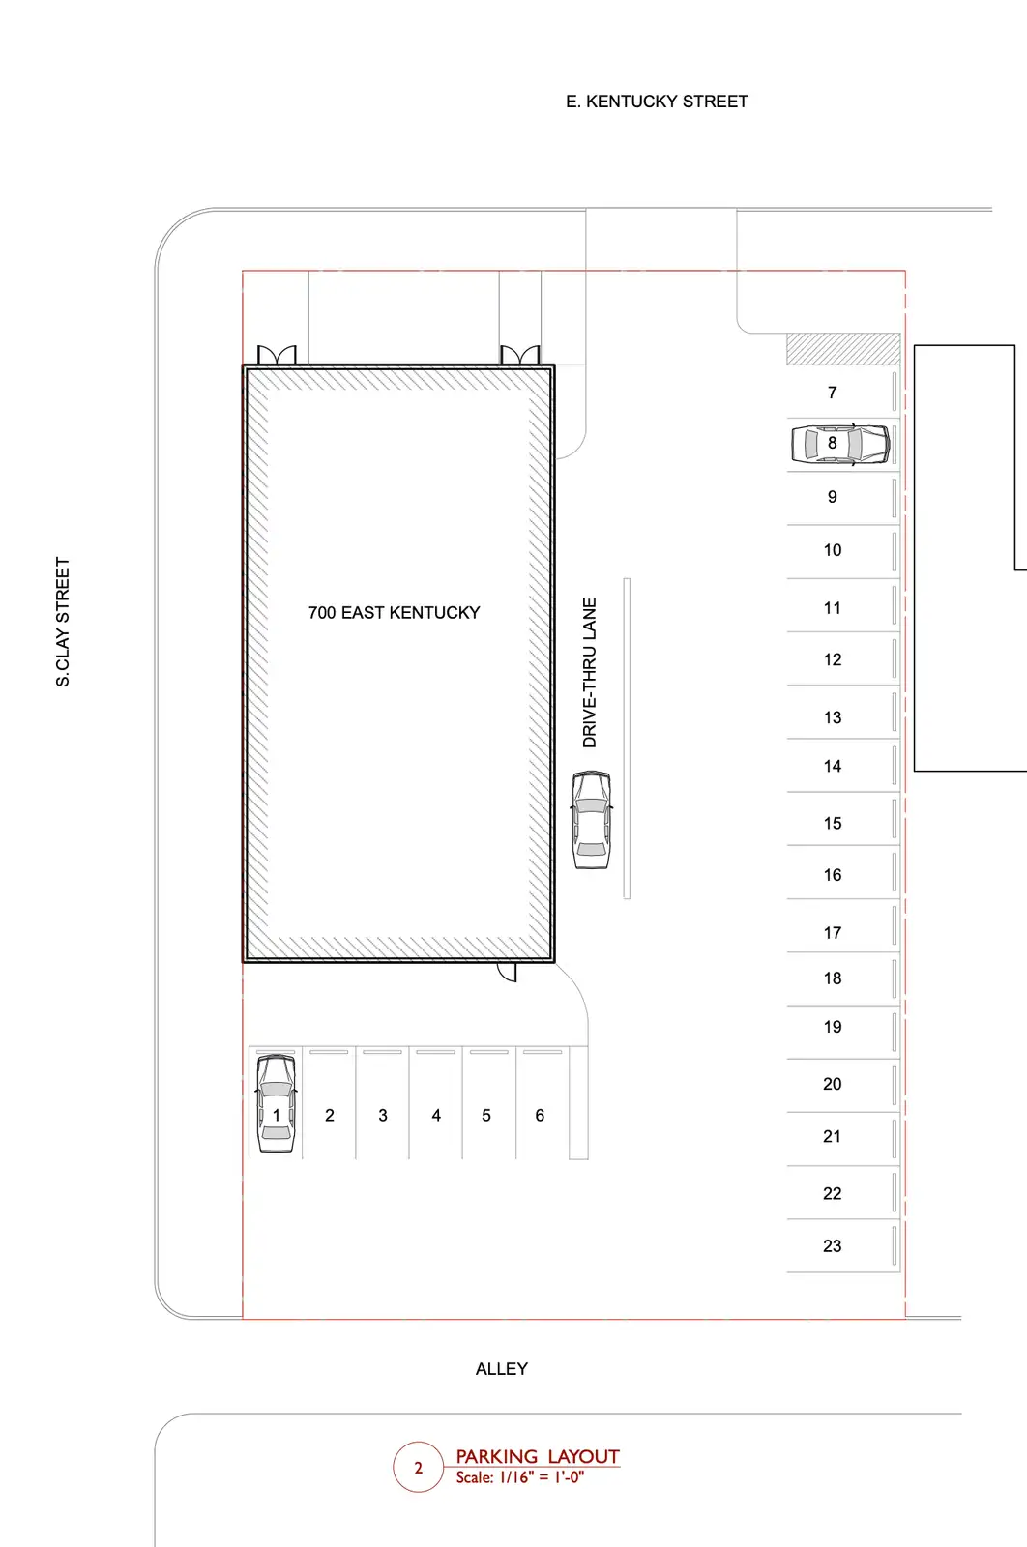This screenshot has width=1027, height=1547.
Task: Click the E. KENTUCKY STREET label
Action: [x=657, y=102]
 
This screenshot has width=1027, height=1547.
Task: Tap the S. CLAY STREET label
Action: [x=63, y=622]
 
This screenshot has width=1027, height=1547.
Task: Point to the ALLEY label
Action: [x=502, y=1369]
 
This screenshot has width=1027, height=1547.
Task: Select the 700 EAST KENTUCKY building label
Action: [x=394, y=613]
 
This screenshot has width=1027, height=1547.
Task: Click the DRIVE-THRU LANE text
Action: [x=589, y=673]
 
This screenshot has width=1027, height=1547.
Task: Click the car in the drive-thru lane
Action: [x=592, y=820]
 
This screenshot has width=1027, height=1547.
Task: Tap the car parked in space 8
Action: [x=840, y=444]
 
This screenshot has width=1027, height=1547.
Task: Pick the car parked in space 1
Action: [x=277, y=1103]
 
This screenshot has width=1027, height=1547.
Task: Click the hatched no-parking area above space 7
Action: [x=843, y=349]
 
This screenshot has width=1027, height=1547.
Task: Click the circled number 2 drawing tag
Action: [x=418, y=1468]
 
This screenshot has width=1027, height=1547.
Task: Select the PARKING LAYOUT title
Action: [x=538, y=1456]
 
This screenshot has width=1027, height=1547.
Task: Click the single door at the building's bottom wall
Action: [x=507, y=972]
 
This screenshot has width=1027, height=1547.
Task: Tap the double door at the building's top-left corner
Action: [x=277, y=355]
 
